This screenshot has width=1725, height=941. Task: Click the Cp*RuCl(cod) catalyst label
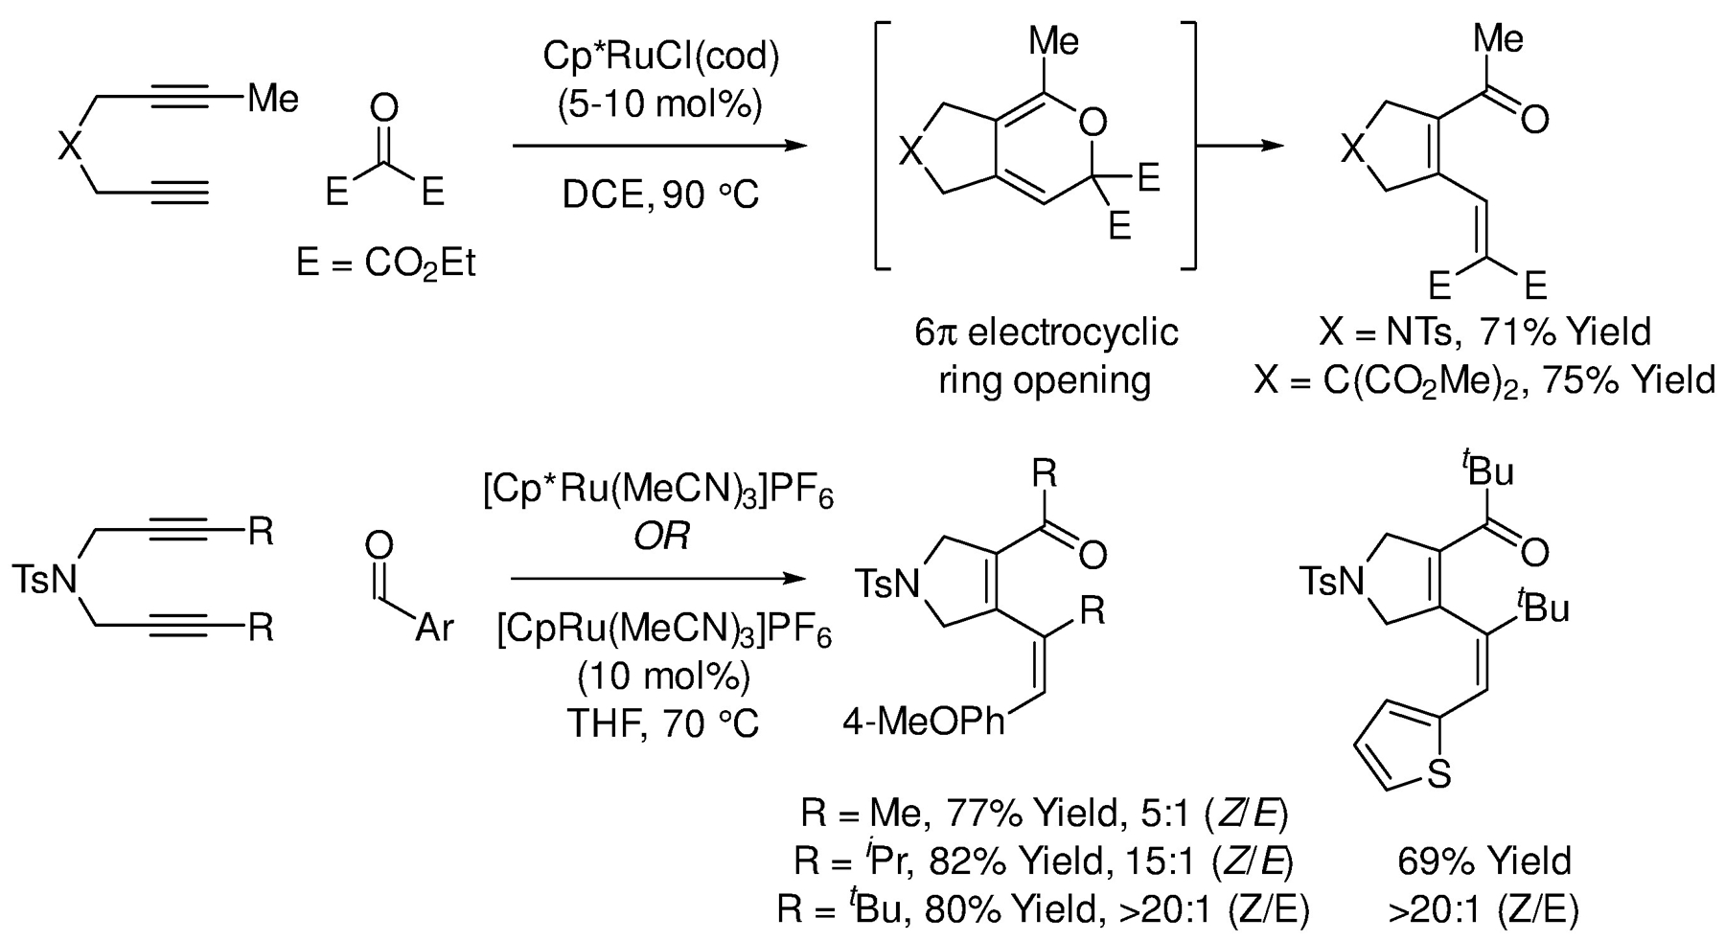[660, 57]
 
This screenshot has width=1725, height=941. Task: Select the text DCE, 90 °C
[660, 195]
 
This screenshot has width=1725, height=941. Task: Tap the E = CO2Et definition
[386, 263]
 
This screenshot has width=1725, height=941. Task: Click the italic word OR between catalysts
[661, 538]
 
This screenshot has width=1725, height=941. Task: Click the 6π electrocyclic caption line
[1045, 333]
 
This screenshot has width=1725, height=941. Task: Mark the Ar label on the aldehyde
[433, 630]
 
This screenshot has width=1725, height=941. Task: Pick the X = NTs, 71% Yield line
[1484, 333]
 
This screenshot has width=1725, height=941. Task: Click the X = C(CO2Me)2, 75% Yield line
[1484, 380]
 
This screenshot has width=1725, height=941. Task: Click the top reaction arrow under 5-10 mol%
[657, 147]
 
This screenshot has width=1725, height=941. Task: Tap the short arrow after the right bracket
[1244, 147]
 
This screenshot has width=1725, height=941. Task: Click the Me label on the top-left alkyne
[273, 98]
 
